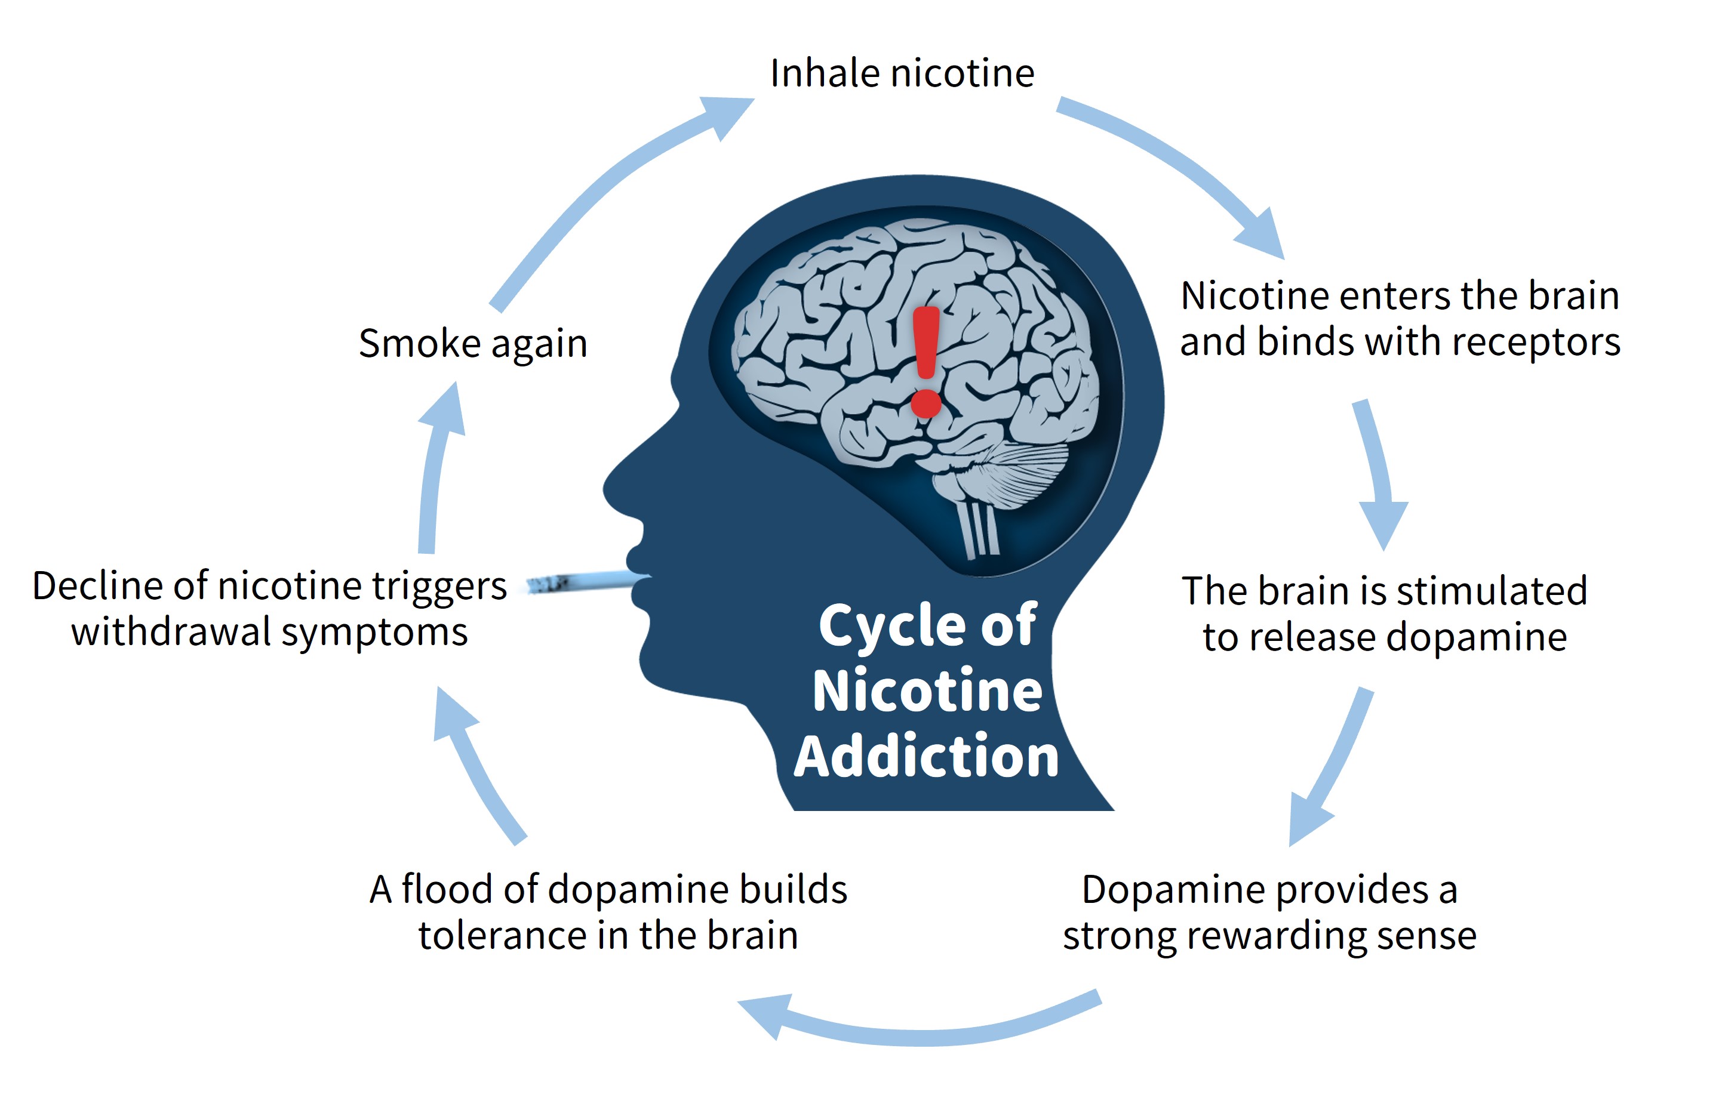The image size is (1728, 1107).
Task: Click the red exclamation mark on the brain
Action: coord(926,359)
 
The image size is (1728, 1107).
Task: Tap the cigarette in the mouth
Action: coord(583,581)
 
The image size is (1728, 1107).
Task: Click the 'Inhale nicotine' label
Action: coord(902,73)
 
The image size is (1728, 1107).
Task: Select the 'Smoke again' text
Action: coord(473,343)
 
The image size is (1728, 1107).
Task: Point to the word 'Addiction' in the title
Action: coord(926,756)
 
